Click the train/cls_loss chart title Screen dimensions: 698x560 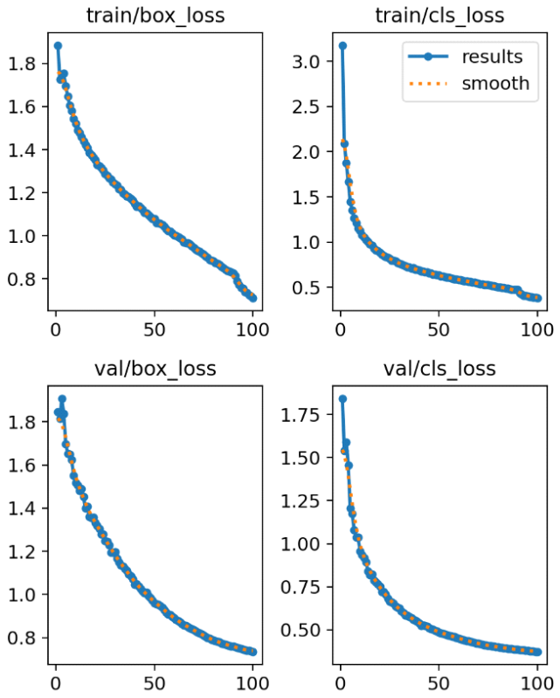click(439, 15)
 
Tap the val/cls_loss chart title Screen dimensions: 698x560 click(439, 369)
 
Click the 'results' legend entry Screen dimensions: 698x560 click(492, 58)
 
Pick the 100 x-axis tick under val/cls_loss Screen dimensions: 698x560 click(537, 681)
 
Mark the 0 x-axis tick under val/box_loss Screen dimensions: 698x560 click(56, 681)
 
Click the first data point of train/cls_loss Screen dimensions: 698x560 click(342, 45)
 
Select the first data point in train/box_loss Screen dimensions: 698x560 click(58, 45)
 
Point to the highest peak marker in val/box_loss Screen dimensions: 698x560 click(62, 398)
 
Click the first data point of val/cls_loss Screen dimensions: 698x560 click(342, 398)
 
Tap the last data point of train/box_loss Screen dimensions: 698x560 click(253, 298)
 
